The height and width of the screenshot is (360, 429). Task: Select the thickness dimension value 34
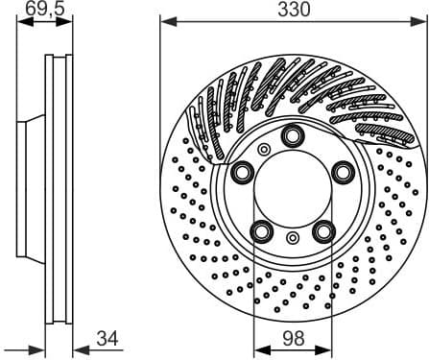pos(107,339)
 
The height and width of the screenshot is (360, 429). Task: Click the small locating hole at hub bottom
pos(292,237)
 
